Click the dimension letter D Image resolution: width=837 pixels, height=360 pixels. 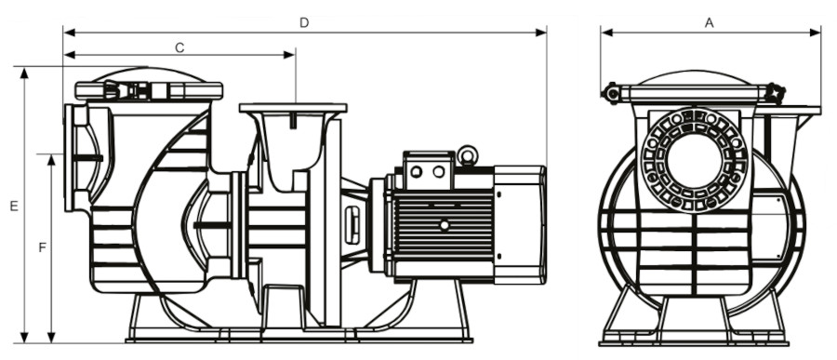(304, 22)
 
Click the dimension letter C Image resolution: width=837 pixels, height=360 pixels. (179, 47)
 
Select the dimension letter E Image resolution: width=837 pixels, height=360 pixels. (14, 206)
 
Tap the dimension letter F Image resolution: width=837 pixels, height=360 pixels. (43, 247)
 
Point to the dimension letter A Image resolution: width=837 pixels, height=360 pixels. (710, 22)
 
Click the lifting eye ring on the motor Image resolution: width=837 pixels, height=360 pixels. (467, 155)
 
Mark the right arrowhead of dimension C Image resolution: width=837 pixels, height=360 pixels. (289, 55)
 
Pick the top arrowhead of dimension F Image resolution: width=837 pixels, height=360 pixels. (51, 160)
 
